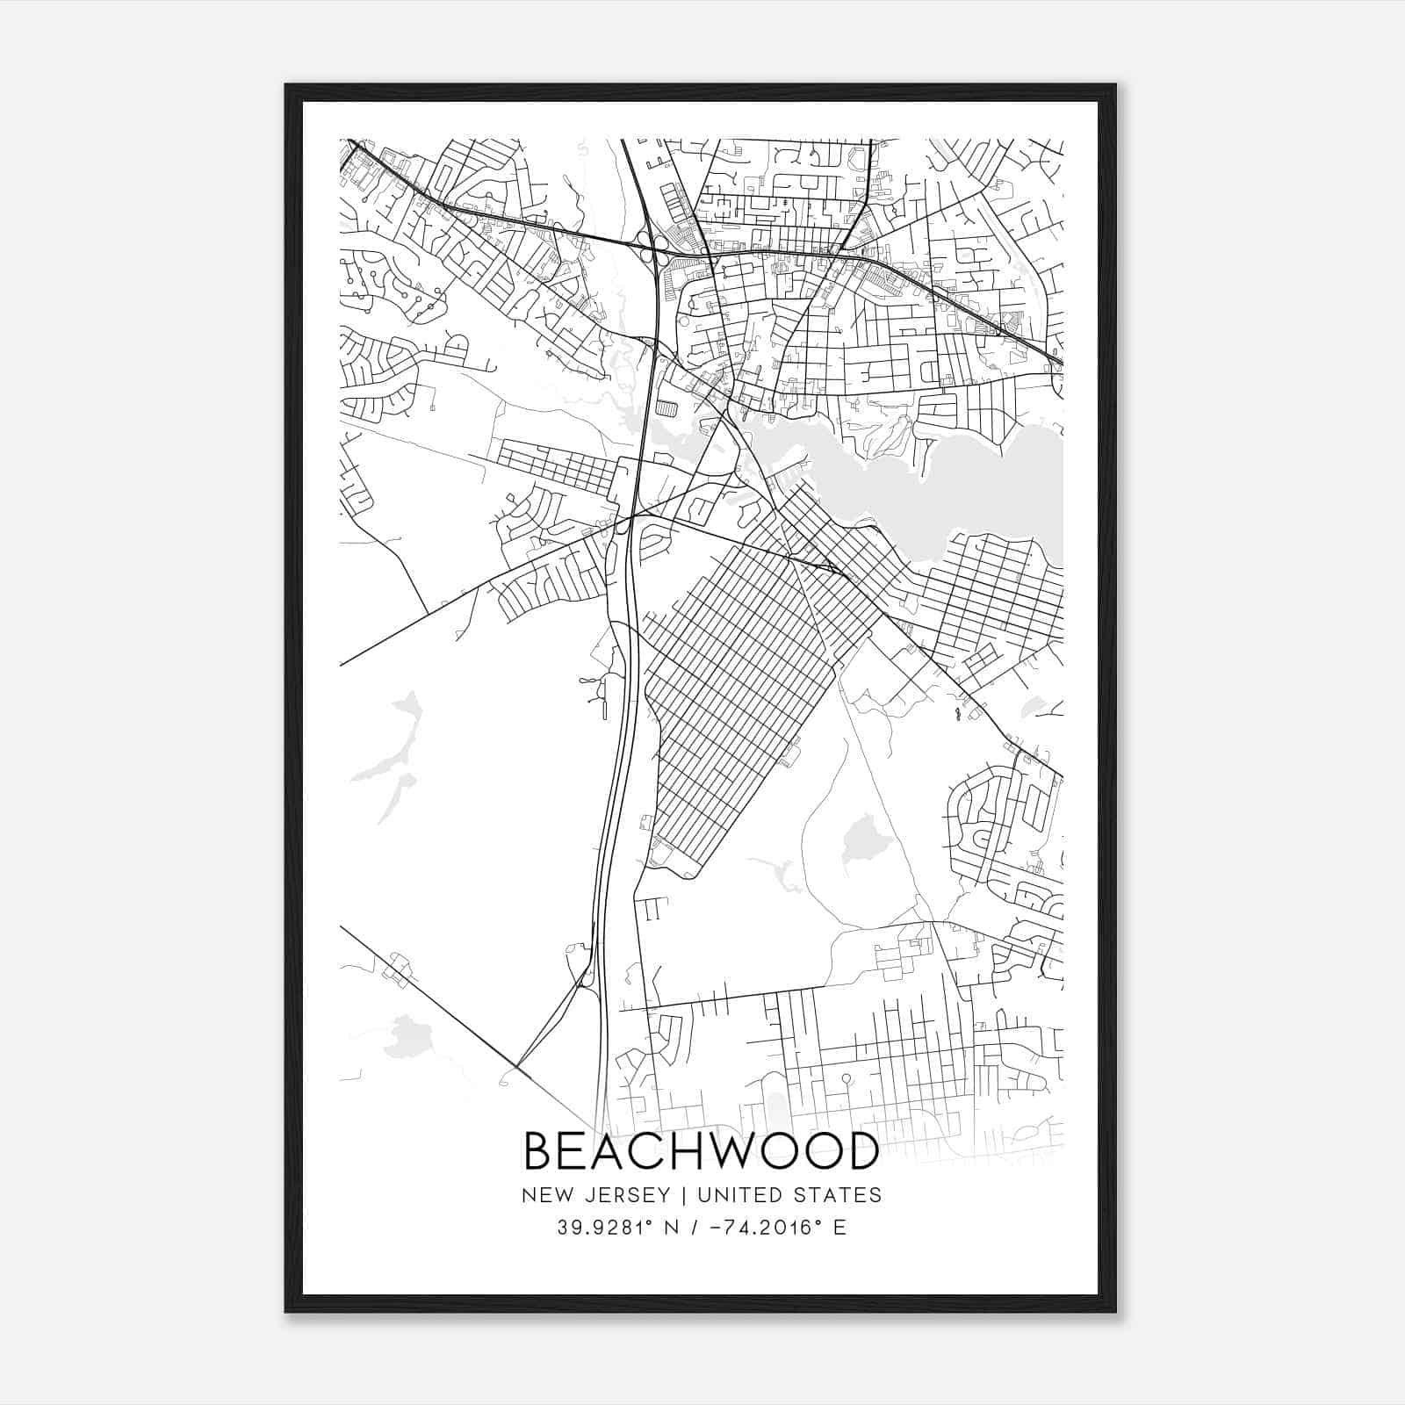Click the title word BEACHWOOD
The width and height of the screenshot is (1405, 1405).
point(701,1151)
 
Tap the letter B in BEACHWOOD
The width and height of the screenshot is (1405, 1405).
point(538,1151)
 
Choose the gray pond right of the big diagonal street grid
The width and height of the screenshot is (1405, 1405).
point(861,839)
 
